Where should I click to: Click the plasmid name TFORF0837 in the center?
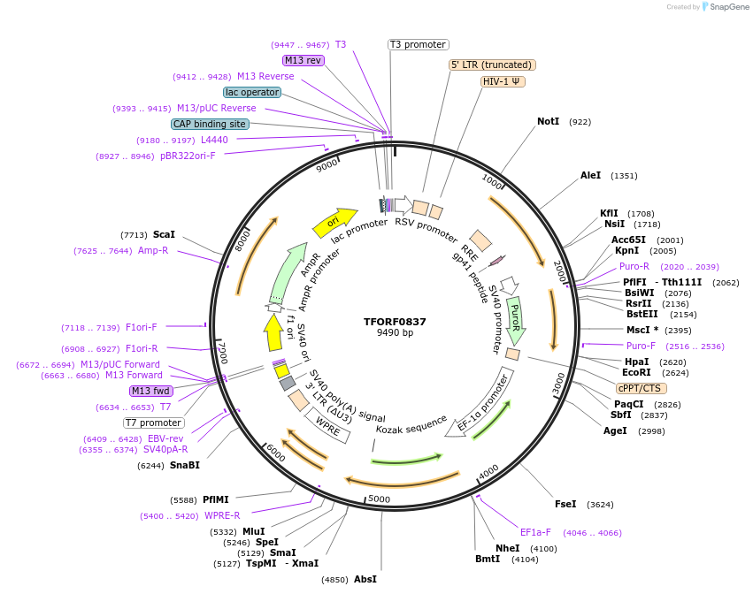(x=395, y=322)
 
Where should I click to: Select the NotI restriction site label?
(x=548, y=121)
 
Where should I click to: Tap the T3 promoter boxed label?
(x=419, y=44)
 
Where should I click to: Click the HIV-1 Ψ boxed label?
(x=503, y=81)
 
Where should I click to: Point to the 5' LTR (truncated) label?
(x=492, y=65)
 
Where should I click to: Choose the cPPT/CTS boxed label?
(x=641, y=388)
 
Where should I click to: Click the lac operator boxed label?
(x=252, y=92)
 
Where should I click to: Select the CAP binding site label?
(x=210, y=125)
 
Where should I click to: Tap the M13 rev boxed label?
(x=303, y=60)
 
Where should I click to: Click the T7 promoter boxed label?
(x=154, y=423)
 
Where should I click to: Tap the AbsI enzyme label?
(x=365, y=580)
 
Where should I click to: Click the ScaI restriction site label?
(x=164, y=235)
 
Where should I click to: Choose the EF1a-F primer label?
(x=535, y=533)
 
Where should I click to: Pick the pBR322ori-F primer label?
(x=188, y=156)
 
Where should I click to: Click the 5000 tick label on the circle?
(x=379, y=499)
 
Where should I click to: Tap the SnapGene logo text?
(x=726, y=7)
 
